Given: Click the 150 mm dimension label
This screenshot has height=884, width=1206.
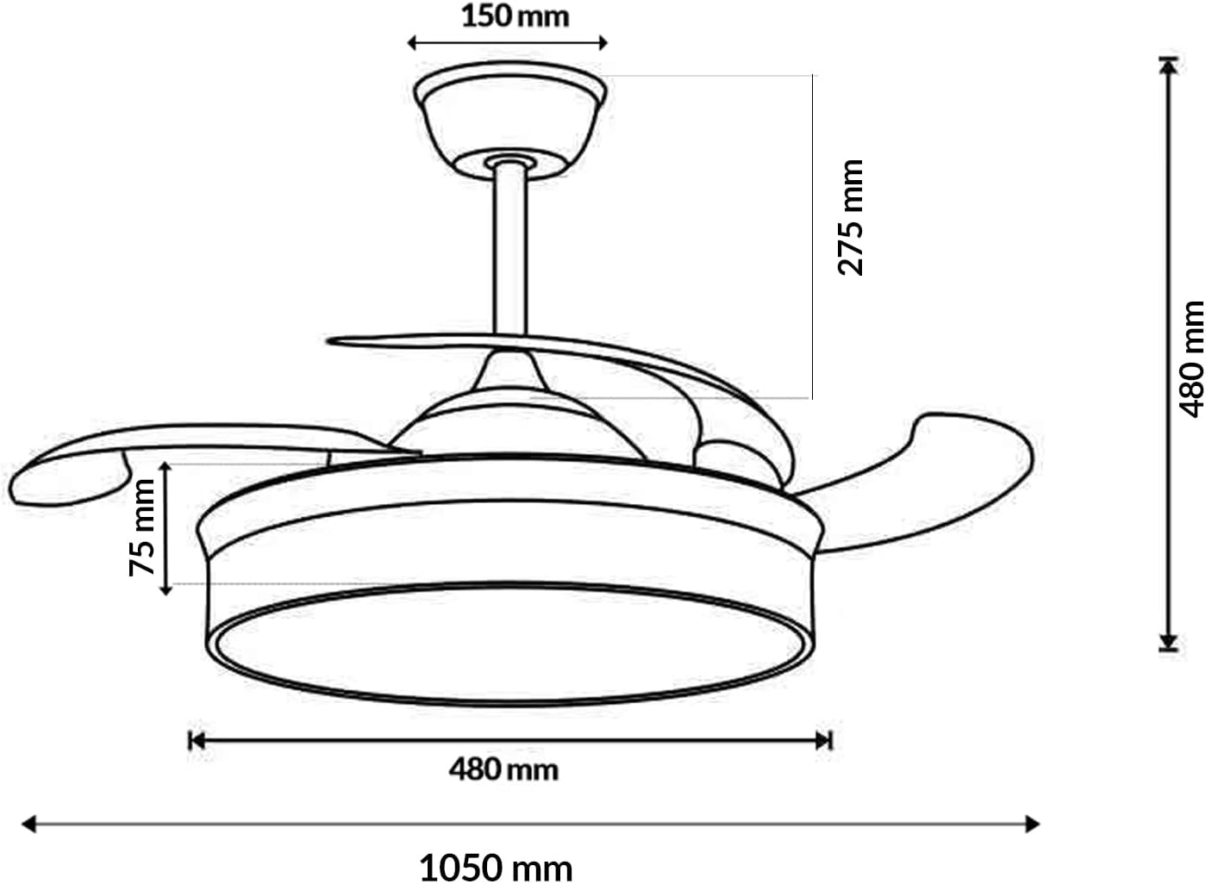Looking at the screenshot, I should pos(515,16).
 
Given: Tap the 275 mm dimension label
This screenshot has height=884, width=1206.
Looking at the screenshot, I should pos(851,217).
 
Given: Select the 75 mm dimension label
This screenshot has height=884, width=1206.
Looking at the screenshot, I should pos(142,527).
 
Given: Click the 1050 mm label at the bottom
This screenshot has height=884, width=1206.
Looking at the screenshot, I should pos(496,867).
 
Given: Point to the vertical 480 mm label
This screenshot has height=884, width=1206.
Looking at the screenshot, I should pos(1191,358).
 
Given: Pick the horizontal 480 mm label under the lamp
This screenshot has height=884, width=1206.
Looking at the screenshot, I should pos(503,769).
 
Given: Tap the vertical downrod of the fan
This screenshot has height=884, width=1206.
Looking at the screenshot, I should pos(509,250).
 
